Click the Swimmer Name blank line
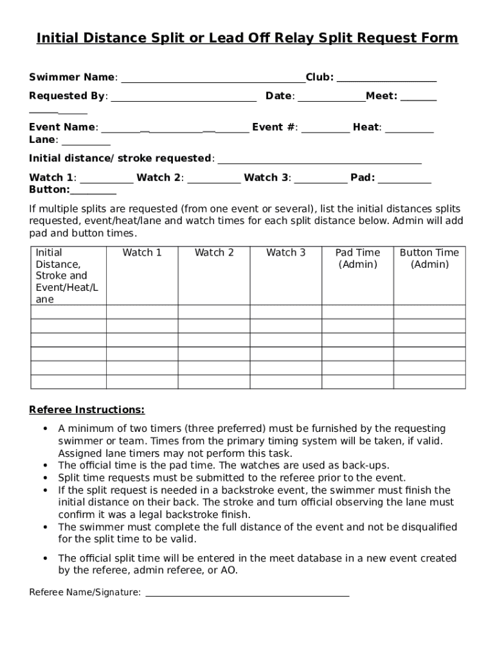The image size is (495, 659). point(213,82)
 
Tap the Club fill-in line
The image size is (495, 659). point(386,82)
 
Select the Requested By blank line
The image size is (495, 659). point(184,100)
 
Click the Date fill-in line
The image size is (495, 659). point(332,100)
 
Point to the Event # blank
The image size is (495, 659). point(326,131)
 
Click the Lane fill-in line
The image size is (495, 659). point(86,144)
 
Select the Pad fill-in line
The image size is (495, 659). point(404,182)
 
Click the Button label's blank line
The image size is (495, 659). point(93,193)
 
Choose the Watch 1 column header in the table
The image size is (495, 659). point(142,253)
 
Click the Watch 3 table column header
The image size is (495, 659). point(286,253)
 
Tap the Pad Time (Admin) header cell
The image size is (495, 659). point(357,259)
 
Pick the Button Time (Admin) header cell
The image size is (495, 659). point(429,259)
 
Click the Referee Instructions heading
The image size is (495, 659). point(87,410)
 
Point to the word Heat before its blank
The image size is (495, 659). point(366,127)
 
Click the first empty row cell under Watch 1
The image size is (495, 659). point(142,312)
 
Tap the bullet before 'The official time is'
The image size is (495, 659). point(45,465)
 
